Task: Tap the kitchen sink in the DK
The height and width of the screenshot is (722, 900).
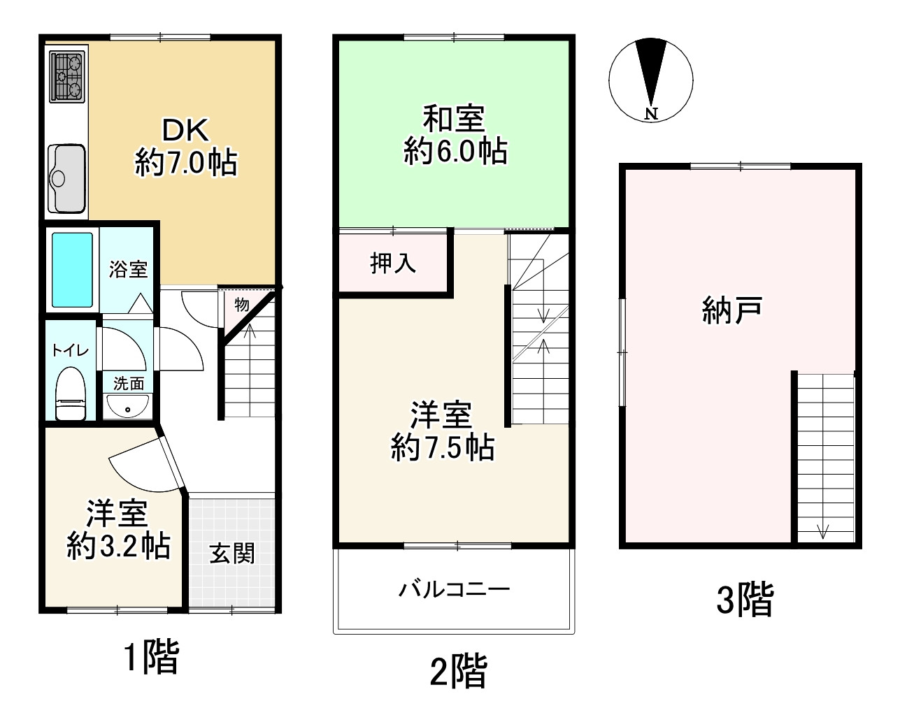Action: pos(67,178)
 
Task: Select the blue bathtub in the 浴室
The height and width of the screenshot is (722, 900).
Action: pos(73,270)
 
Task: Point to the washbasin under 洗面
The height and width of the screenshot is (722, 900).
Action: pos(127,406)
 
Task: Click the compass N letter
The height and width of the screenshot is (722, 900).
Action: pos(651,113)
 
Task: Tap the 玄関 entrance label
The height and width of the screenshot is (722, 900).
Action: pos(232,554)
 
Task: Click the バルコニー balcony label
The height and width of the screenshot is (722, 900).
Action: pos(455,589)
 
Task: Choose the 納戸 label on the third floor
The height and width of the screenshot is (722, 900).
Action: pos(731,310)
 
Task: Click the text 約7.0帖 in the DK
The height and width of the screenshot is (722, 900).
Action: pos(186,164)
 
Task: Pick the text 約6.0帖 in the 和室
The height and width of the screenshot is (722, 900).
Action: pos(455,151)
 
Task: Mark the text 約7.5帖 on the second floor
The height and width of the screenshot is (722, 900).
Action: pos(442,448)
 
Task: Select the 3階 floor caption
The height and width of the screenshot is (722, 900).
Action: pos(745,600)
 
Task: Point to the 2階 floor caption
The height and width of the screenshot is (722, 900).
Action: pos(458,672)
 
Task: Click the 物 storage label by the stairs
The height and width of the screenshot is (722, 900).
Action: pos(242,305)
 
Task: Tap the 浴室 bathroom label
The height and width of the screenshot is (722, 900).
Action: pos(129,269)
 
